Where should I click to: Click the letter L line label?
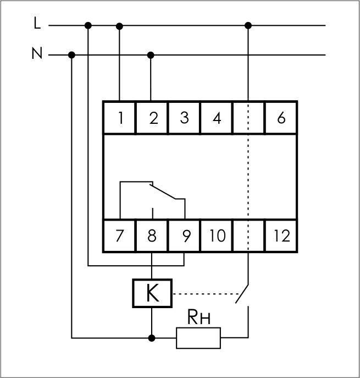pos(37,23)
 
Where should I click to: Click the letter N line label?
pos(37,53)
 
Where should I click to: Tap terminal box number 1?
pos(120,118)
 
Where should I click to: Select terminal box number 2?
pos(152,118)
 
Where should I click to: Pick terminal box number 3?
pos(184,118)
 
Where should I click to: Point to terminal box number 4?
pos(217,118)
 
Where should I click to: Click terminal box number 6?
pos(281,118)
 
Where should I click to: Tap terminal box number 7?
pos(120,235)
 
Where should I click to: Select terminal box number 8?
pos(152,235)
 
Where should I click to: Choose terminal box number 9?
pos(185,235)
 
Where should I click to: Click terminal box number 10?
pos(217,235)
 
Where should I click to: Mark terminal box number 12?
pos(281,235)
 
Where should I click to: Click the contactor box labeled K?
pos(152,293)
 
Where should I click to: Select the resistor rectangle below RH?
pos(198,337)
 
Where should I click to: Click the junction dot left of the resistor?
pos(152,337)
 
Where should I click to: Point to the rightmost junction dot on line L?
pos(248,25)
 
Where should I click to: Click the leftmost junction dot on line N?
pos(72,55)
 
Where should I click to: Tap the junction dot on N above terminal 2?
pos(152,55)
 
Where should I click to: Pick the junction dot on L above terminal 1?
pos(120,25)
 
